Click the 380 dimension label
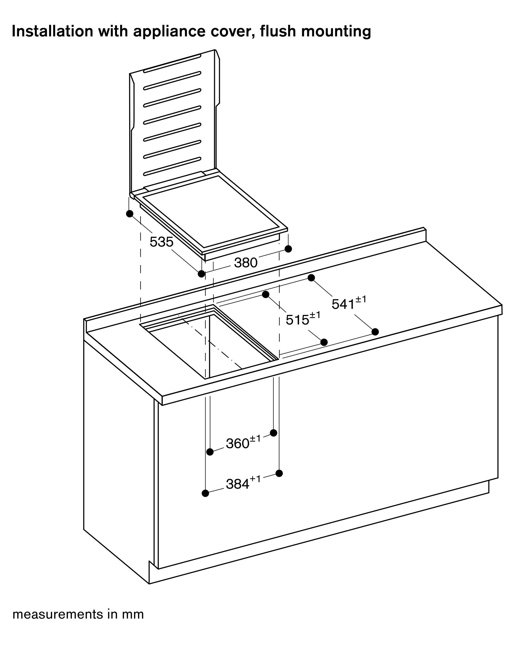(x=246, y=262)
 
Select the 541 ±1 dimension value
(x=349, y=303)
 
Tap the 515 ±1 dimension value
(x=303, y=319)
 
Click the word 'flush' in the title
(x=277, y=31)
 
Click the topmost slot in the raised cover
(x=172, y=64)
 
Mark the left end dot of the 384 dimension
(x=206, y=493)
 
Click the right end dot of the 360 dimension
(x=273, y=433)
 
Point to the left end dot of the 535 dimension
(x=130, y=214)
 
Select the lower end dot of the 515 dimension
(x=324, y=342)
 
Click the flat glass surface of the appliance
(x=210, y=211)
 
